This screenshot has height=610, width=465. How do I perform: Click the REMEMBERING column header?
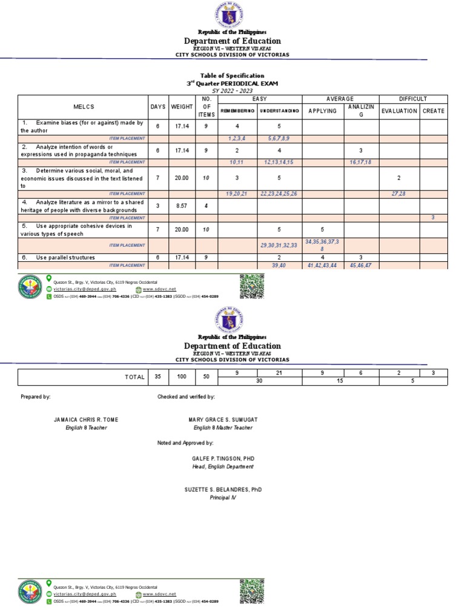tap(237, 112)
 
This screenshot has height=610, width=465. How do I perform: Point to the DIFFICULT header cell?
tap(413, 98)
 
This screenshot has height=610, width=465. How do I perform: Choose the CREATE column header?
tap(434, 111)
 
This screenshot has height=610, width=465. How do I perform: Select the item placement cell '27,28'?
tap(399, 193)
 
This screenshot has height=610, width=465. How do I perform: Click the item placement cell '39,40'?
tap(279, 266)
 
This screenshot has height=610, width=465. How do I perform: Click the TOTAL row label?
tap(135, 377)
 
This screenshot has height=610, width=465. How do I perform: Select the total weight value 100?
tap(182, 377)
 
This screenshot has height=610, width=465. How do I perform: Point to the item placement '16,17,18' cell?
tap(361, 163)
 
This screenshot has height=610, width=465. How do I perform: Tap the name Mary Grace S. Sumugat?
tap(223, 420)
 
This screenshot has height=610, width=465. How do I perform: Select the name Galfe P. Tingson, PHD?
tap(223, 459)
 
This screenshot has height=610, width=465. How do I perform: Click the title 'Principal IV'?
tap(223, 497)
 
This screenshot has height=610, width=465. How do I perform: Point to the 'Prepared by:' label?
tap(35, 397)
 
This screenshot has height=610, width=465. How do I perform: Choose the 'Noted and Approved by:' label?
tap(185, 443)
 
